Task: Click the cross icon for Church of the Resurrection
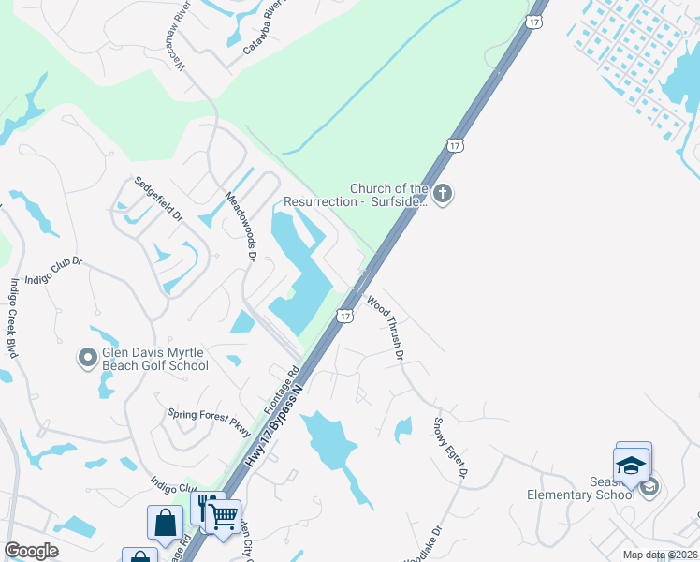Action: click(x=444, y=195)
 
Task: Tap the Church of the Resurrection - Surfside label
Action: click(x=388, y=195)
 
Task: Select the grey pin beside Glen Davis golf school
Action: click(x=87, y=357)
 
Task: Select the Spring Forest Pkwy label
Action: click(x=210, y=420)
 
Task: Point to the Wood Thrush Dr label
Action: click(x=386, y=329)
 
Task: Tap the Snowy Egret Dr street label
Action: click(x=449, y=449)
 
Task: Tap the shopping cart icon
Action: click(x=223, y=514)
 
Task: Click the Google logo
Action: click(x=31, y=551)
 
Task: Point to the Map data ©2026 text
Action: click(x=659, y=555)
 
